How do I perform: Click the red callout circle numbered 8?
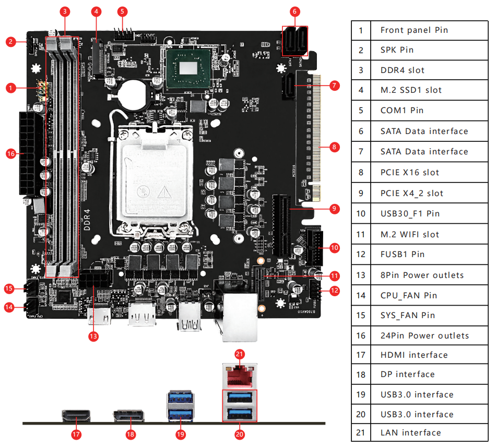pos(335,147)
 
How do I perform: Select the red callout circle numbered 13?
pos(93,336)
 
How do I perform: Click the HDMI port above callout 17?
pos(76,416)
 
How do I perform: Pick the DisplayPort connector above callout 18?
pos(129,416)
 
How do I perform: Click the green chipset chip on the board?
pos(189,68)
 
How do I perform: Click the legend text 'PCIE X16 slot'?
pos(410,173)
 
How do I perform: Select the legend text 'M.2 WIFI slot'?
pos(410,235)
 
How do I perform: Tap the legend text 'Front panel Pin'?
pos(414,30)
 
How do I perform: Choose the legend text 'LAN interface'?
pos(410,433)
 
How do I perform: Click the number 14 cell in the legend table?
pos(361,296)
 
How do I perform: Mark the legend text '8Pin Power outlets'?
pos(422,275)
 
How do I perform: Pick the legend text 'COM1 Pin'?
pos(401,111)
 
